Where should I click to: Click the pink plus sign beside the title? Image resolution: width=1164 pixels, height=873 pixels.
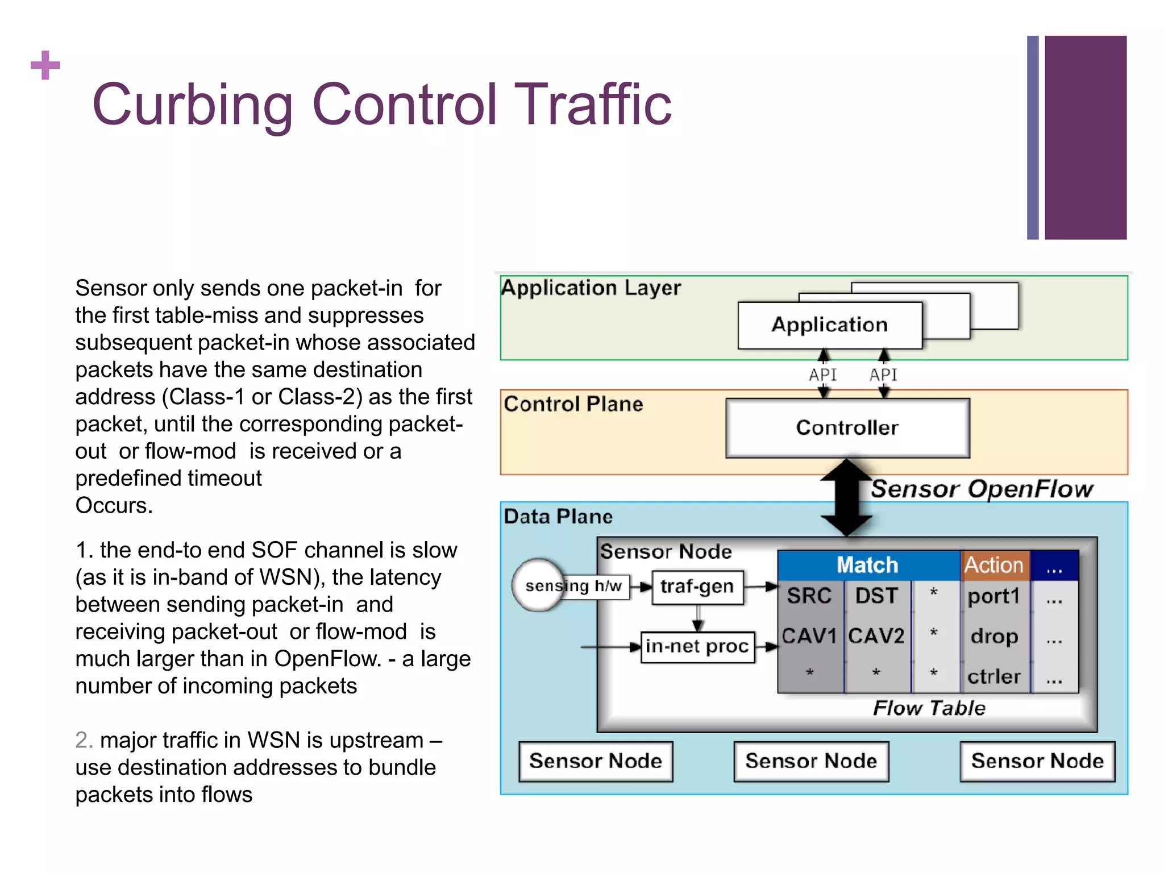45,65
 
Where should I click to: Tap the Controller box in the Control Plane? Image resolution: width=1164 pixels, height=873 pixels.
847,427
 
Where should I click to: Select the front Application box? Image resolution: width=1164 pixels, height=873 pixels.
829,325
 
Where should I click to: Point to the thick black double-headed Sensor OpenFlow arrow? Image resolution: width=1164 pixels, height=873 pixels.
847,498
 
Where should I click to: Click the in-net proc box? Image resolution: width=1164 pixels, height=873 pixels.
697,647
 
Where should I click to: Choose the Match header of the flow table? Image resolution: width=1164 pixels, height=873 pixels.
867,566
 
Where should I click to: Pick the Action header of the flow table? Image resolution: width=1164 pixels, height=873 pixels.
994,566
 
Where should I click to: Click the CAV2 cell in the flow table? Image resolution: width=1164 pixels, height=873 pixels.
876,635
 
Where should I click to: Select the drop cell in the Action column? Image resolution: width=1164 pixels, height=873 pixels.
994,636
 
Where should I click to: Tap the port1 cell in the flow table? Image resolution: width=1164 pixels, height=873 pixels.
994,596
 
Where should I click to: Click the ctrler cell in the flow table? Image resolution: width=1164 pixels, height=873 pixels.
994,676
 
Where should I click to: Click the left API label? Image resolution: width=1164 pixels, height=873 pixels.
823,375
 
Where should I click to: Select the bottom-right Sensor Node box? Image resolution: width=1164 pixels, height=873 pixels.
1037,761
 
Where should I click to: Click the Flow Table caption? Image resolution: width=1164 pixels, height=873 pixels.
929,708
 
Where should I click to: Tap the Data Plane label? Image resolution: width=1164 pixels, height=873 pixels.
558,517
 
